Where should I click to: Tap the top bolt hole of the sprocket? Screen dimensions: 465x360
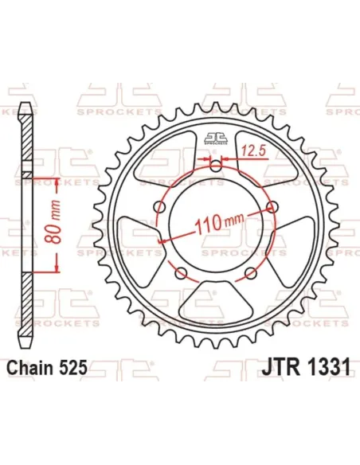click(x=217, y=166)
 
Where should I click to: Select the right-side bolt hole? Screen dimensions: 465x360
click(x=276, y=209)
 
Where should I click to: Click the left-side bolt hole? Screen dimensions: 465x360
click(x=159, y=209)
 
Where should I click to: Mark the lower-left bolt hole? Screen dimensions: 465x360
click(x=182, y=275)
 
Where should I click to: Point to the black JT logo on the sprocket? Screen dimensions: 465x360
click(x=217, y=137)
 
